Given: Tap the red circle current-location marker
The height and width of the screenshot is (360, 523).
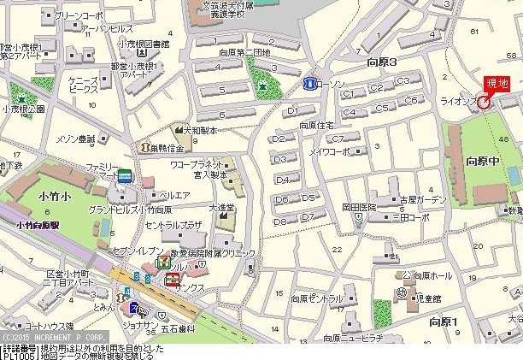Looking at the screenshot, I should [x=484, y=103].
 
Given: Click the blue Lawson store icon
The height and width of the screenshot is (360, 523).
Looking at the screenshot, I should [x=309, y=84].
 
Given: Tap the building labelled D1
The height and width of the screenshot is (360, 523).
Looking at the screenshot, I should [x=292, y=111].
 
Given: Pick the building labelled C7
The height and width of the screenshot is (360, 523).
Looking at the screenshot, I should [x=340, y=138].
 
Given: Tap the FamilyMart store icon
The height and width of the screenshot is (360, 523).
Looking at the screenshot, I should [x=126, y=175].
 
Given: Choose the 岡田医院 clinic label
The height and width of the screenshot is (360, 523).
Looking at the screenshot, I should [x=360, y=207].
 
